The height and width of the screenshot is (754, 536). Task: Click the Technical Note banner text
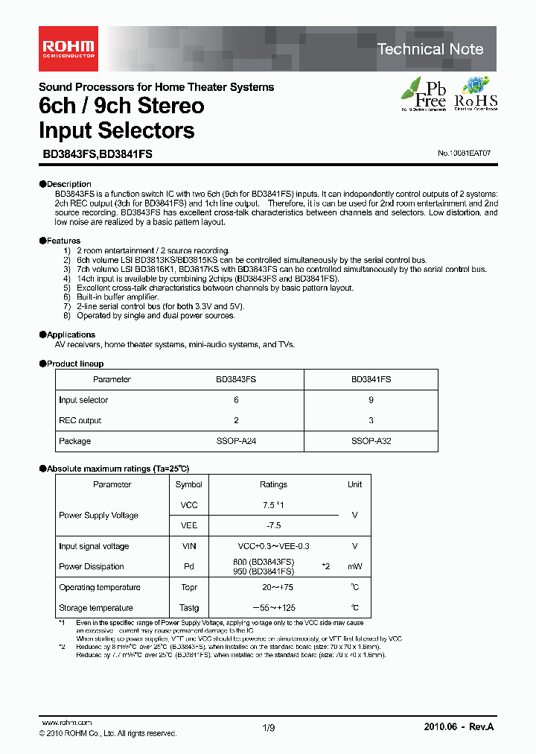(x=430, y=49)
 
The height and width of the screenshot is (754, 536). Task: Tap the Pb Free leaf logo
(x=424, y=94)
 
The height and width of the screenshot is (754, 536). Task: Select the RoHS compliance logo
(x=476, y=94)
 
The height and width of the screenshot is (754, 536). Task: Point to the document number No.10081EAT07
(x=465, y=153)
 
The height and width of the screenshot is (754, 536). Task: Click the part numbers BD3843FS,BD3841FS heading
(x=95, y=153)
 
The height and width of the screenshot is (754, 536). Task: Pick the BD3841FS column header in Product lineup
(x=371, y=379)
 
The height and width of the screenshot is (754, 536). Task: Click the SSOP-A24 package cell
(x=236, y=441)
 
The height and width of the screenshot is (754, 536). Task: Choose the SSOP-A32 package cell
(x=371, y=441)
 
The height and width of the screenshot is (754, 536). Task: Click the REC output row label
(x=80, y=420)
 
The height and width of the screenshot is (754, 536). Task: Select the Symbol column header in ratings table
(x=188, y=484)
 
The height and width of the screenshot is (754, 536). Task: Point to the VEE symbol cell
(x=188, y=525)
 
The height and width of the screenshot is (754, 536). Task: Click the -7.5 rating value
(x=273, y=525)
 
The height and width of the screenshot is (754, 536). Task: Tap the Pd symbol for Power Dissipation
(x=188, y=566)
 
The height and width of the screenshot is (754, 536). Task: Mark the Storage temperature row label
(x=95, y=607)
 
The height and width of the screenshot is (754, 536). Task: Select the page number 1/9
(x=269, y=727)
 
